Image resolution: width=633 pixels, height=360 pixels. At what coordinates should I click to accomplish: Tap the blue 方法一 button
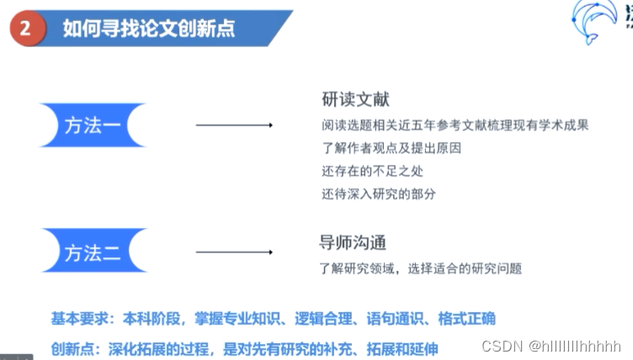93,125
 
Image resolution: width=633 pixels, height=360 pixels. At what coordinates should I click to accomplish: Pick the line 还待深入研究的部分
379,194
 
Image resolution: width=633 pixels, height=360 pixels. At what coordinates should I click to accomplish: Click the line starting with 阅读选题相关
454,126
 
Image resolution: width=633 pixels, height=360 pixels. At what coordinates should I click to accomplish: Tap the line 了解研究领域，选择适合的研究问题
421,268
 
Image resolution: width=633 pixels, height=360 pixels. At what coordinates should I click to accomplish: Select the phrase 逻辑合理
323,319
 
